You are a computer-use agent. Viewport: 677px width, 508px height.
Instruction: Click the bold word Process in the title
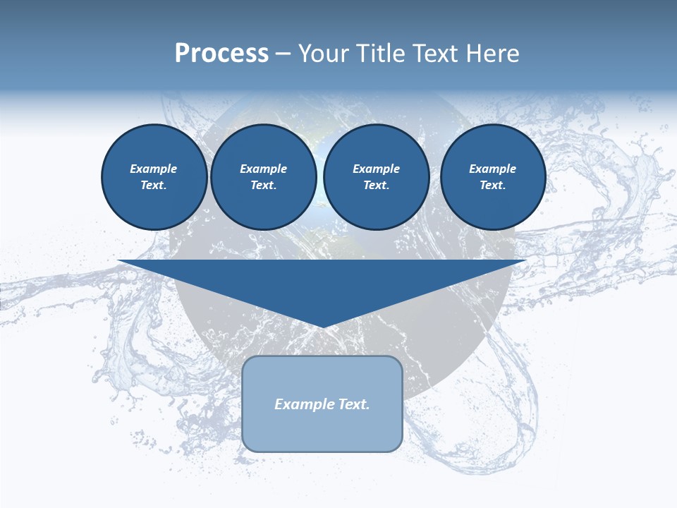pos(221,54)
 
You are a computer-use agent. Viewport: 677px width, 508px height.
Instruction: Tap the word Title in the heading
pos(380,54)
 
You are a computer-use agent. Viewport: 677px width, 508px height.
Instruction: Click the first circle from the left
pos(154,177)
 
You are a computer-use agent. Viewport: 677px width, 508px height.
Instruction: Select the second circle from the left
pos(263,177)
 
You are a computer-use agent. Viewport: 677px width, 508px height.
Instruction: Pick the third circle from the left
pos(376,177)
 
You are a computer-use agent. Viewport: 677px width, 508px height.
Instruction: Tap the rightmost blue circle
pos(492,177)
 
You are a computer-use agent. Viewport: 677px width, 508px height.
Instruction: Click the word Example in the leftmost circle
pos(154,169)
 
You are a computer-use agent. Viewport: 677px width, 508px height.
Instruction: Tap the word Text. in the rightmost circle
pos(492,186)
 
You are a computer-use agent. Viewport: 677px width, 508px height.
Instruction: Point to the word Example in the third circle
pos(376,169)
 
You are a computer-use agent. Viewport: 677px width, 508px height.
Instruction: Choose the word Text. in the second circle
pos(263,186)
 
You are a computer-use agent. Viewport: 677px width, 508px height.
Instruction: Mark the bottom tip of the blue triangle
pos(322,326)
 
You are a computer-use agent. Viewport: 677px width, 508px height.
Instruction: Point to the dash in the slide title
pos(283,54)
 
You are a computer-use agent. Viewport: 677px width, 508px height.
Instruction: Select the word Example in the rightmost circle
pos(492,169)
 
